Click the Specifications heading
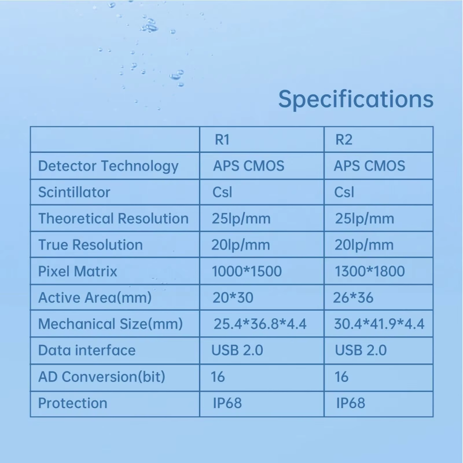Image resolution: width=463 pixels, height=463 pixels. click(x=356, y=99)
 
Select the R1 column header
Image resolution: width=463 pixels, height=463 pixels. click(x=222, y=139)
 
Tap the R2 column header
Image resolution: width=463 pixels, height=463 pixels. click(x=344, y=139)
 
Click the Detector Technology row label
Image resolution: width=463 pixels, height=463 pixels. click(x=108, y=166)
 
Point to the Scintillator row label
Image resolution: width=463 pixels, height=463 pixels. click(x=74, y=192)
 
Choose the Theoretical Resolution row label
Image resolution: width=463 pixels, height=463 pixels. click(x=113, y=219)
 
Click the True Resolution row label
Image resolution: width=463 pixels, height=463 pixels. click(x=90, y=245)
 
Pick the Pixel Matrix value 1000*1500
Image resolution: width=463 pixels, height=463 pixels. click(x=247, y=271)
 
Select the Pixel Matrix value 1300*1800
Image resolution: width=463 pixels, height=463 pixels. click(x=370, y=271)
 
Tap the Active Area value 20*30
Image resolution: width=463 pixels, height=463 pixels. click(x=233, y=297)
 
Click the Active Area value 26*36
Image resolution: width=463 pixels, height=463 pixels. click(x=353, y=297)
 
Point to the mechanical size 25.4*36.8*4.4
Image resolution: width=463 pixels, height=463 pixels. click(x=260, y=324)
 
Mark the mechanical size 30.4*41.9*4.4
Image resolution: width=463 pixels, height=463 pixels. click(x=379, y=324)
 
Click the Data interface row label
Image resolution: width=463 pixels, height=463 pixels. click(x=87, y=350)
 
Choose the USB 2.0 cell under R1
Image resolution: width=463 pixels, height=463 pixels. click(x=237, y=350)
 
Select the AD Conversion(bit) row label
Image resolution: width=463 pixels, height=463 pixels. click(x=102, y=377)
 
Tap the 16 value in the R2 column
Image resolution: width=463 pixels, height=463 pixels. click(x=341, y=377)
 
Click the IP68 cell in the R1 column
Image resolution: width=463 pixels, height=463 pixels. click(x=227, y=403)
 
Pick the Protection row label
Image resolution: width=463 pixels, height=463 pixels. click(x=73, y=403)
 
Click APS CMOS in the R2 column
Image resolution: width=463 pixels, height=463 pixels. click(x=369, y=166)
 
